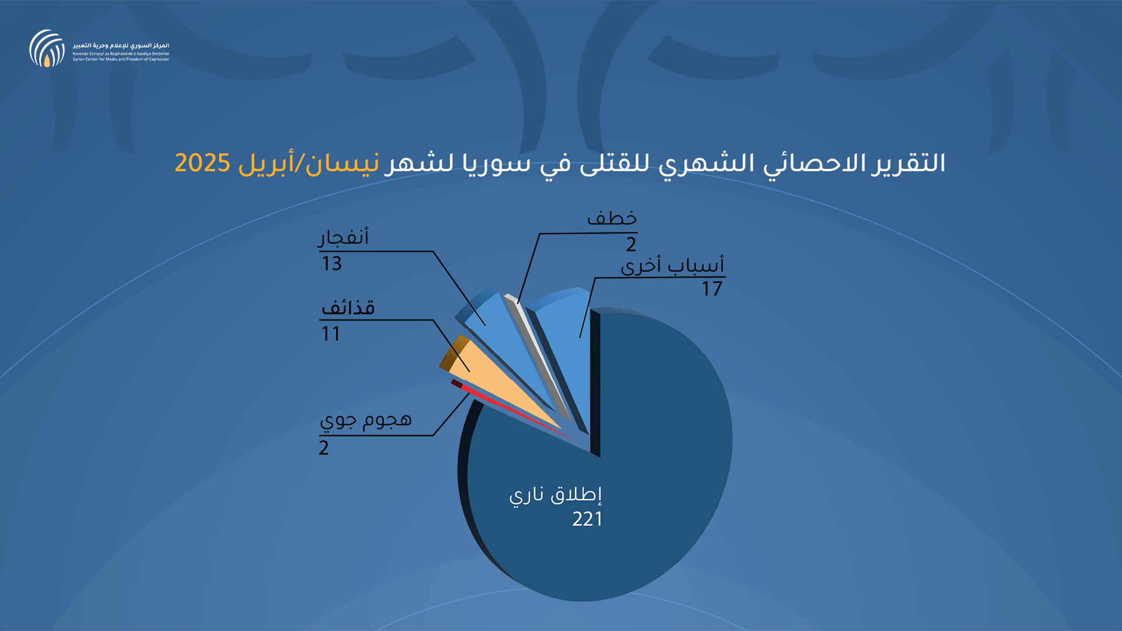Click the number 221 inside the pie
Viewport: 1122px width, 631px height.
click(x=587, y=519)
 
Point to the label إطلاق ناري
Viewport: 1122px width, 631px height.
click(x=555, y=495)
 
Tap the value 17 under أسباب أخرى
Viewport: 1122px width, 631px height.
click(x=712, y=289)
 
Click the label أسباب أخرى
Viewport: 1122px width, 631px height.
click(x=673, y=265)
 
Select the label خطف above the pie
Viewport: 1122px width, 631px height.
click(x=612, y=218)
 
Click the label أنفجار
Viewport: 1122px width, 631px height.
click(x=343, y=237)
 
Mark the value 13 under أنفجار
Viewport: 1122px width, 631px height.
click(x=331, y=264)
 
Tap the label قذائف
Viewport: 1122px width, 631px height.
click(x=348, y=307)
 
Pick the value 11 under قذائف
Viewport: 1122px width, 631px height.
click(x=331, y=334)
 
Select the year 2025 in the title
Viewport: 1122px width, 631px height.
click(x=202, y=163)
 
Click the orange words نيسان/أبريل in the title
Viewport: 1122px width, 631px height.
click(x=309, y=164)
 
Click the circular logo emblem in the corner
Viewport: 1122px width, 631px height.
click(x=47, y=48)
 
